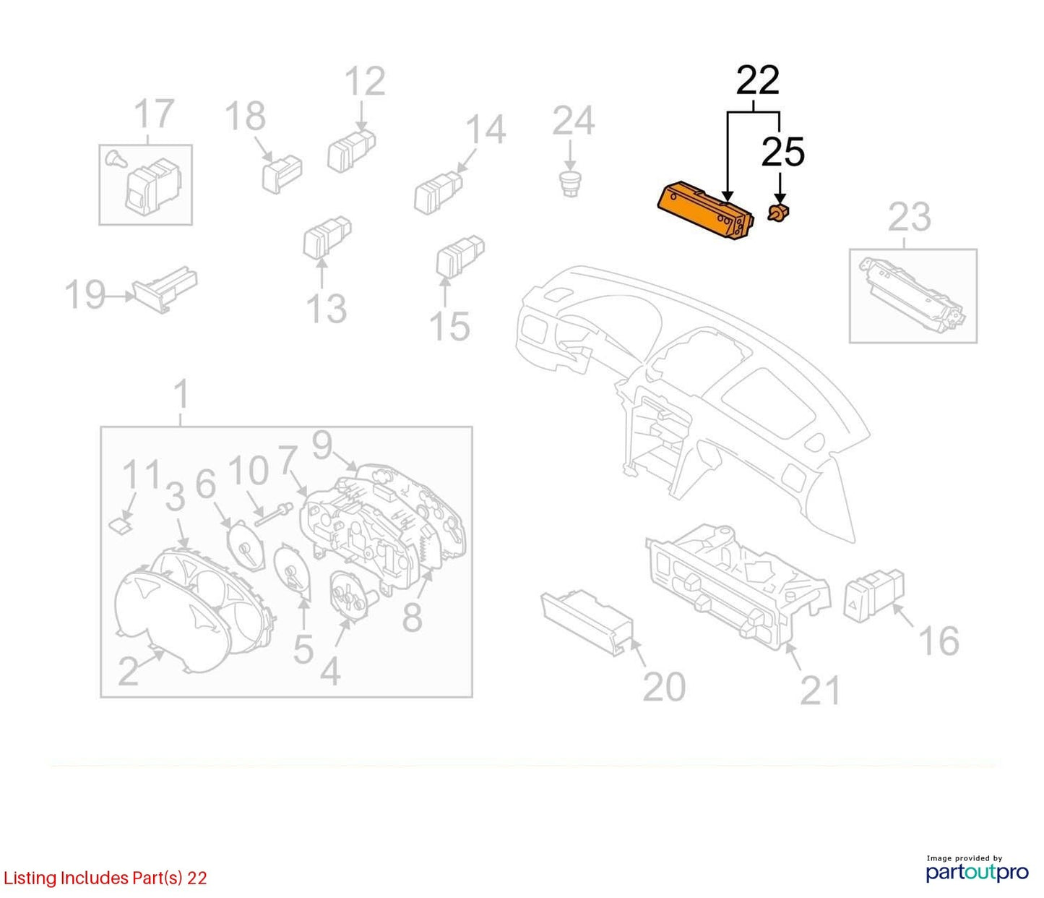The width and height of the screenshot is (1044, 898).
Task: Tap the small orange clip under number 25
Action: pyautogui.click(x=779, y=213)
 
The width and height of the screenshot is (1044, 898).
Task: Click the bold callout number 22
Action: pyautogui.click(x=757, y=81)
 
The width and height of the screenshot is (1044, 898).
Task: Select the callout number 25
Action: pyautogui.click(x=782, y=152)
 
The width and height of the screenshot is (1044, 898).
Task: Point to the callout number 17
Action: pyautogui.click(x=155, y=114)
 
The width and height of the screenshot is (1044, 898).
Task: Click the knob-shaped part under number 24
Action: pyautogui.click(x=569, y=184)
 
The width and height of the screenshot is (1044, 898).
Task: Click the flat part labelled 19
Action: pyautogui.click(x=165, y=289)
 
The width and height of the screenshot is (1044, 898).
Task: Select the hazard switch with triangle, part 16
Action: pyautogui.click(x=873, y=595)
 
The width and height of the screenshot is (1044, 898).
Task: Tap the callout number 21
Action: pyautogui.click(x=821, y=690)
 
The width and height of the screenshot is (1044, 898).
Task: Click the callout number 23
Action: pyautogui.click(x=909, y=218)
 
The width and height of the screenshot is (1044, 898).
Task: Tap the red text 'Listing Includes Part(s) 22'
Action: pyautogui.click(x=105, y=878)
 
